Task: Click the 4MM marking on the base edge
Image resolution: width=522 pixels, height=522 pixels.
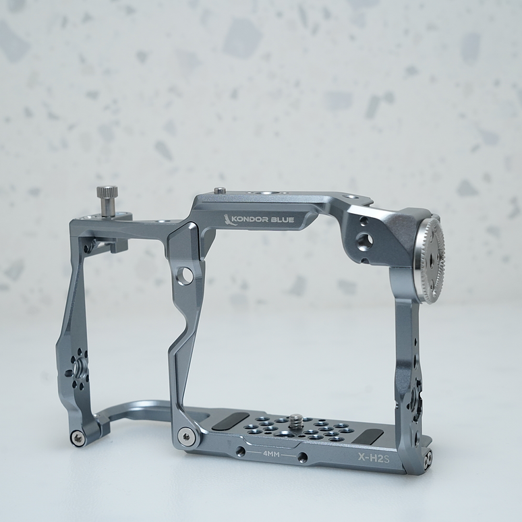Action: pyautogui.click(x=272, y=454)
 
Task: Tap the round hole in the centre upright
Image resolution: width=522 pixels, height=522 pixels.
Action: pyautogui.click(x=185, y=274)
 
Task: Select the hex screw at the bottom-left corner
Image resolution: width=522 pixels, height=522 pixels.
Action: pyautogui.click(x=78, y=438)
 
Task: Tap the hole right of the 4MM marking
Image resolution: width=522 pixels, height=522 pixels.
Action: pyautogui.click(x=303, y=457)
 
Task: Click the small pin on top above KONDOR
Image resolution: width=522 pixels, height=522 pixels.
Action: pyautogui.click(x=220, y=191)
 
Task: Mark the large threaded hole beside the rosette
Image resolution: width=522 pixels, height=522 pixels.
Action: pyautogui.click(x=364, y=241)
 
